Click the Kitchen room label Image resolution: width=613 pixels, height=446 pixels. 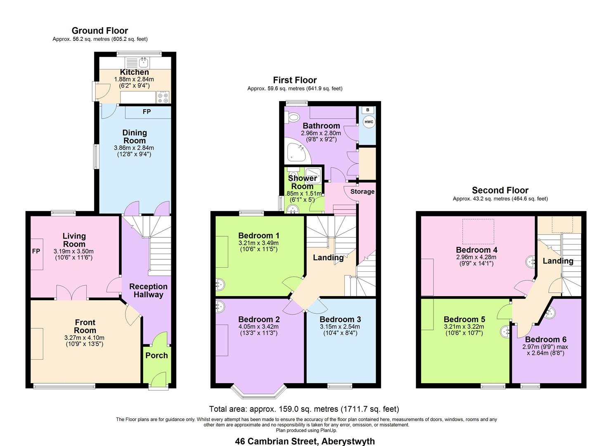coord(134,72)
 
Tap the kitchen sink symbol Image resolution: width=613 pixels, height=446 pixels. coord(143,62)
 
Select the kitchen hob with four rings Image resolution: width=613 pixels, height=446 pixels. coord(163,97)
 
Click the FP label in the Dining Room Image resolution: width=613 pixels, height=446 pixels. coord(147,112)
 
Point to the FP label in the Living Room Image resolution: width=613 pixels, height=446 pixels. coord(36,251)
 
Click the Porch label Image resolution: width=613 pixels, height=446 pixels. coord(156,356)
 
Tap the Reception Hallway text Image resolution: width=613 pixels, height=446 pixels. coord(148,290)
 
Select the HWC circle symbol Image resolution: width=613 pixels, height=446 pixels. coord(368,122)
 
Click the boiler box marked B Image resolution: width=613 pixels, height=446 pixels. coord(368,110)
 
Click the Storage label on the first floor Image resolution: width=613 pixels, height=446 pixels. coord(362,192)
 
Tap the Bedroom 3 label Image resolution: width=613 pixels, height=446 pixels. coord(340,319)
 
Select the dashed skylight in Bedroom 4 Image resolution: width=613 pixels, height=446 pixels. coord(478,231)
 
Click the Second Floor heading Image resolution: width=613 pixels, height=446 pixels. coord(500,190)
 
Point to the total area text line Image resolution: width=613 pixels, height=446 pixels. coord(304,409)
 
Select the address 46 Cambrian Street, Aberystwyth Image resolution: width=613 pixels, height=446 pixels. coord(305,441)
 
